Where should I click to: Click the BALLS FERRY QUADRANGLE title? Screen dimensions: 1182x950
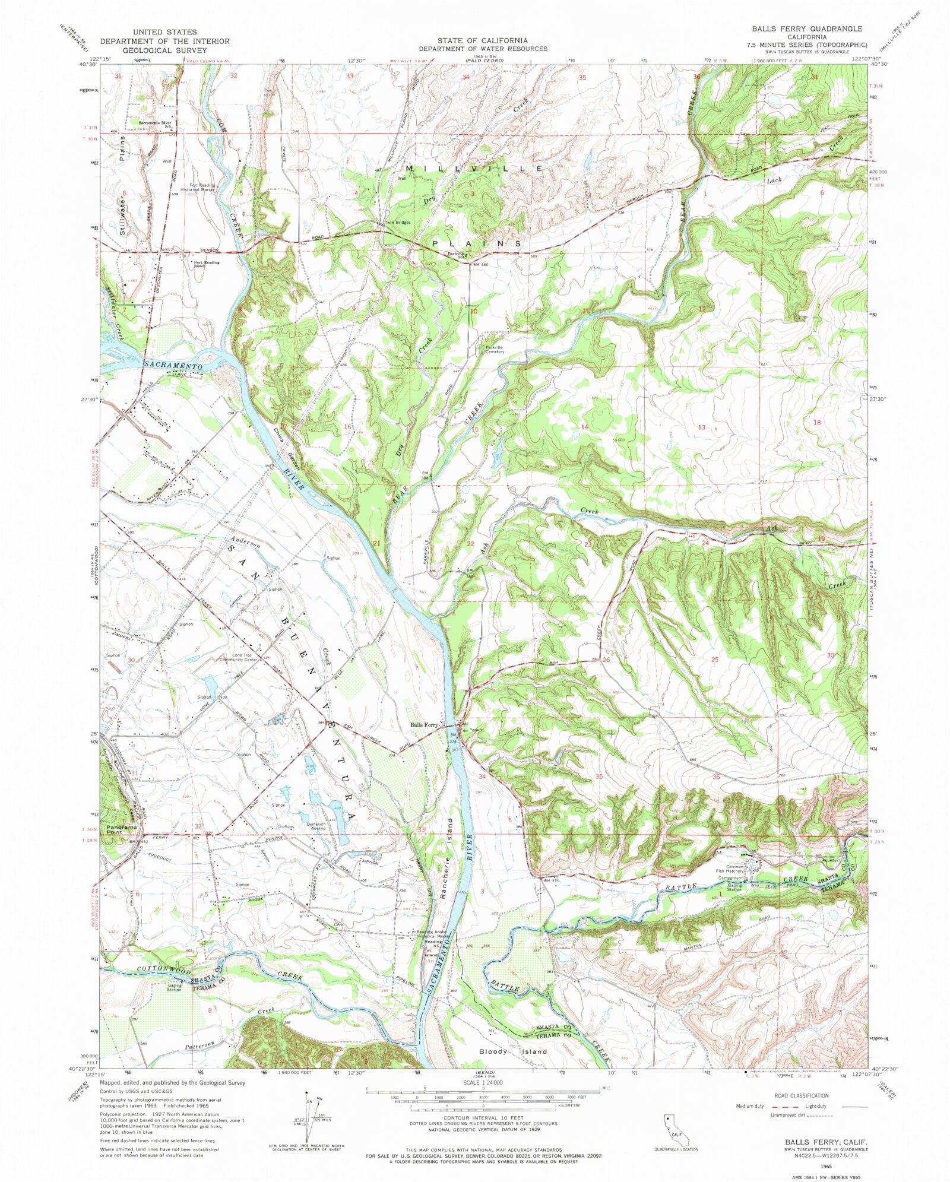click(x=807, y=28)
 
